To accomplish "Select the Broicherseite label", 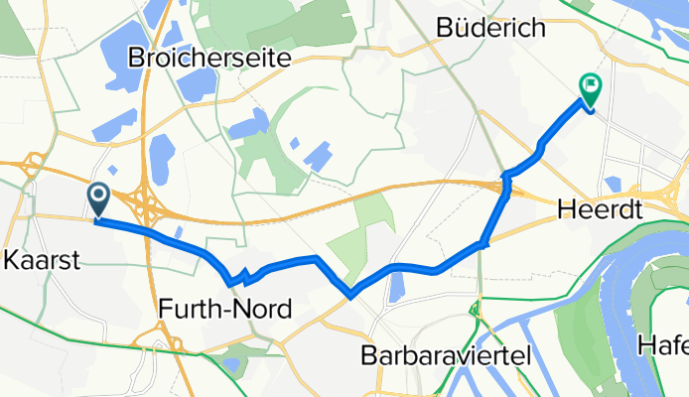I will click(208, 59).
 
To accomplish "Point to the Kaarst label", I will click(42, 261).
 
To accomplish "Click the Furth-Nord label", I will click(224, 310).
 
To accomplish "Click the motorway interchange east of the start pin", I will click(149, 203).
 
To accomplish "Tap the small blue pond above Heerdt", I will click(612, 185).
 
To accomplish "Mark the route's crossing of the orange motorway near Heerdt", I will click(506, 183).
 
